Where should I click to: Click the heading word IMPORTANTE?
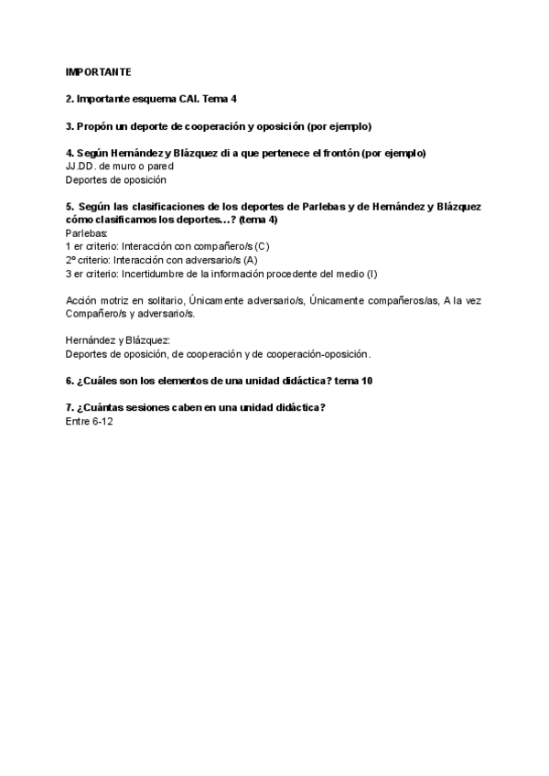coord(99,70)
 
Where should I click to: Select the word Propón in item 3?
coord(96,125)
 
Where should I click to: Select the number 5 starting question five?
coord(70,207)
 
